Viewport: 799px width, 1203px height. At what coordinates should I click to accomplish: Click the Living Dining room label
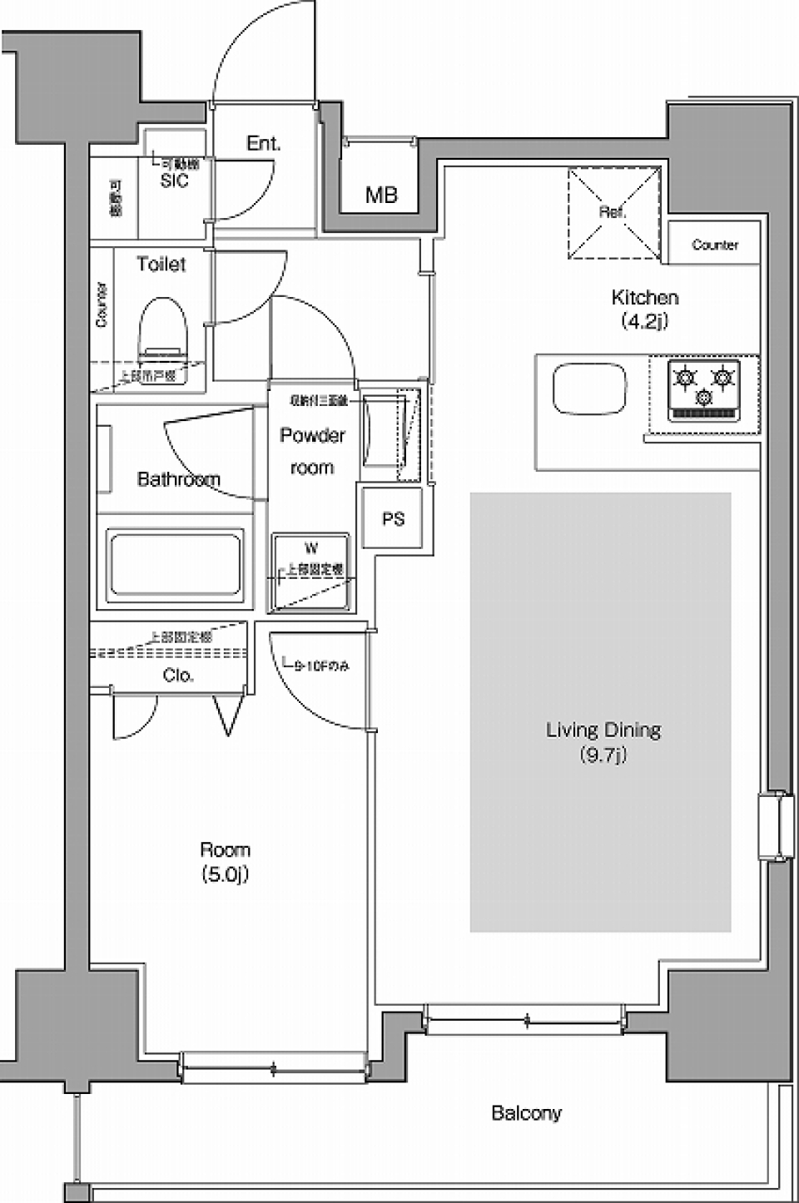click(603, 741)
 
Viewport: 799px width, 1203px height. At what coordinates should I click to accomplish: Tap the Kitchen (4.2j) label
click(645, 308)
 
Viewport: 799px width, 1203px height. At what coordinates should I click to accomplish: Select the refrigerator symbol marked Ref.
click(613, 213)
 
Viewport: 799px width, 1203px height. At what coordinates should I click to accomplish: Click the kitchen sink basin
click(590, 389)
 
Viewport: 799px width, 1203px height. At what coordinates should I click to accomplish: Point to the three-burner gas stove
click(704, 389)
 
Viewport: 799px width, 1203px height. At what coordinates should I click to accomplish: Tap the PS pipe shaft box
click(394, 519)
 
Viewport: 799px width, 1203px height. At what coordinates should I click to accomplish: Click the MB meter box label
click(381, 196)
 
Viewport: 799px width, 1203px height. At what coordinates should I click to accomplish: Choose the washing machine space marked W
click(310, 572)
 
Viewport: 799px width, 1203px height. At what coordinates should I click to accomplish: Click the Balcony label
click(526, 1112)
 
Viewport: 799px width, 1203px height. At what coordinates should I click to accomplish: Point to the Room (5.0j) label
click(225, 861)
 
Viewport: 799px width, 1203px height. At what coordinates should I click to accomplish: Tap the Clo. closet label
click(178, 676)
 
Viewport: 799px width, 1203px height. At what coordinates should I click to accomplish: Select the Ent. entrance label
click(263, 144)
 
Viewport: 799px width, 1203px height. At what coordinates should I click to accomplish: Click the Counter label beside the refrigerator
click(714, 245)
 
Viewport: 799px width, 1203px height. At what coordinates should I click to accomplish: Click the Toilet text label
click(161, 265)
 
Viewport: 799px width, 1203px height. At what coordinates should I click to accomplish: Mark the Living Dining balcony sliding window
click(524, 1019)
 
